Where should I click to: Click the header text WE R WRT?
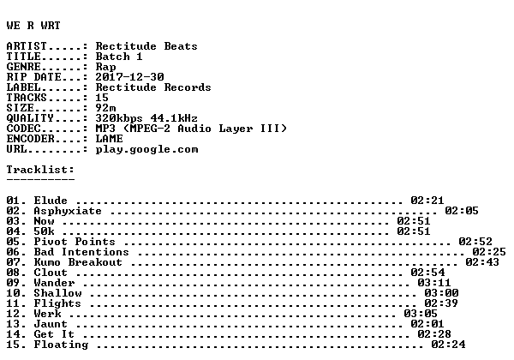click(33, 26)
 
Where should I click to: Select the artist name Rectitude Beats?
click(146, 46)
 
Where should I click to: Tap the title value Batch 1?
click(119, 57)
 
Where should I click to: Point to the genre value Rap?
click(105, 67)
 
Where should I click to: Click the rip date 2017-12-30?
click(129, 77)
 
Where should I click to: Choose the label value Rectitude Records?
click(153, 87)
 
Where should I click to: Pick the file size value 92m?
click(105, 108)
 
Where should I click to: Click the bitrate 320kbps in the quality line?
click(119, 118)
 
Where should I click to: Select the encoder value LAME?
click(109, 139)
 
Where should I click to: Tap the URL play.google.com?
click(146, 149)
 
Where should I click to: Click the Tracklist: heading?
click(40, 170)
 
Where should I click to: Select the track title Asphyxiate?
click(68, 211)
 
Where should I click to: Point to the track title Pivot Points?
click(75, 242)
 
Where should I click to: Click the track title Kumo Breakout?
click(78, 262)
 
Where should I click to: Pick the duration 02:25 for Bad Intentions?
click(489, 252)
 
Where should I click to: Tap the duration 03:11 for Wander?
click(434, 283)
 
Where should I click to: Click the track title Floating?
click(61, 345)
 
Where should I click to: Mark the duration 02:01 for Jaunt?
click(427, 324)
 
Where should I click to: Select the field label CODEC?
click(24, 129)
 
